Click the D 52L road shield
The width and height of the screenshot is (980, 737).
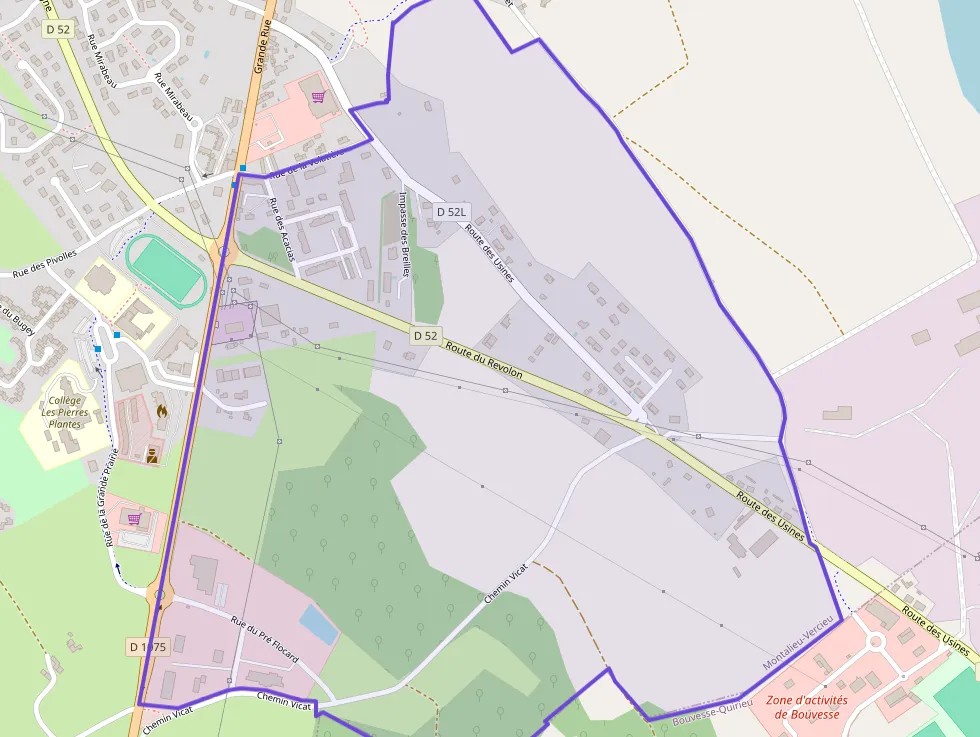click(452, 212)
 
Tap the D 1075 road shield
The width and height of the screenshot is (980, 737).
click(147, 647)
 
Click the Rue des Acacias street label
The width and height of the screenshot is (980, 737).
click(282, 229)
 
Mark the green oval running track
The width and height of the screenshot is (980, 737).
click(166, 270)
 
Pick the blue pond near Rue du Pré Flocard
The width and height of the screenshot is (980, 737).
click(318, 625)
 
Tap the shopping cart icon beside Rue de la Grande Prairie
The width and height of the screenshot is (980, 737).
click(134, 518)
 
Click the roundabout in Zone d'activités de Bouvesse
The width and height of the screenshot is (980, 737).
click(876, 641)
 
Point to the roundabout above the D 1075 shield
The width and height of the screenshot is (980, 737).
click(160, 596)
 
